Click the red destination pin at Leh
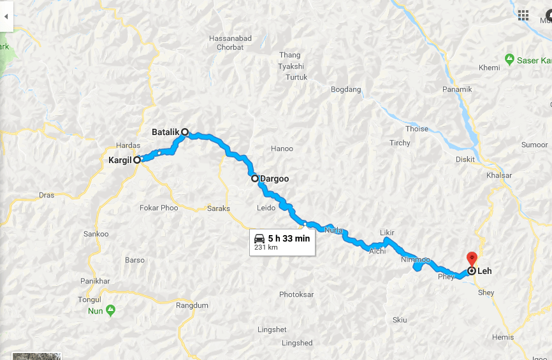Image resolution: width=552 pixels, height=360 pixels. (x=472, y=259)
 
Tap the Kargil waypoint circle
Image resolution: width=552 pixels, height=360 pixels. (x=137, y=160)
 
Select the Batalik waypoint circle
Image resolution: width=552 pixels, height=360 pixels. (x=185, y=133)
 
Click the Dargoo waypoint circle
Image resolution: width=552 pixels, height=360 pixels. (x=255, y=178)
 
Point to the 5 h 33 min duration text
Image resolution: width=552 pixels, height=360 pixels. (x=289, y=238)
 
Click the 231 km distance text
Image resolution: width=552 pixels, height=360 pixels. (x=265, y=247)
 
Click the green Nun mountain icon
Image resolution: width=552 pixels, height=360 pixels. (x=111, y=310)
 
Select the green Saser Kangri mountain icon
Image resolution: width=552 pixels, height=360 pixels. (x=509, y=59)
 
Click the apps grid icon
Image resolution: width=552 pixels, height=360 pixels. (x=523, y=15)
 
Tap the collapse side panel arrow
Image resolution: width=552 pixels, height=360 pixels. (x=6, y=17)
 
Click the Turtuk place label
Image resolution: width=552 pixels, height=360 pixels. (x=296, y=77)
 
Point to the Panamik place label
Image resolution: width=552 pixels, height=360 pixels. (x=458, y=89)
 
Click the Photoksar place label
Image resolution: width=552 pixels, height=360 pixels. (x=297, y=294)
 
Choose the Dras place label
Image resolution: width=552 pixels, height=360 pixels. (x=47, y=195)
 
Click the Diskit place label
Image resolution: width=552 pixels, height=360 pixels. (x=465, y=159)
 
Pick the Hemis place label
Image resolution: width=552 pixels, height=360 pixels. (x=503, y=337)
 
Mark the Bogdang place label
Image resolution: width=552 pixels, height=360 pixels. (x=345, y=89)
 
